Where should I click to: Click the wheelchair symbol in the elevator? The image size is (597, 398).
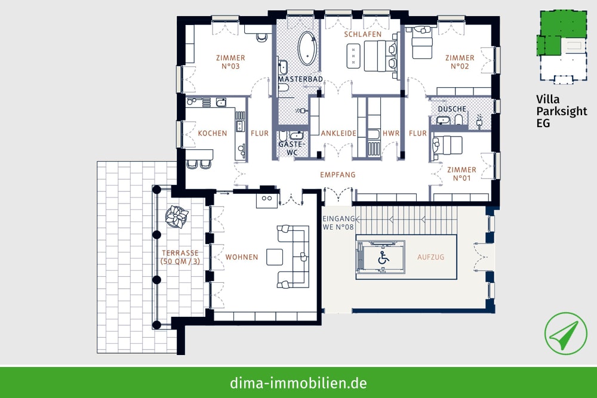383,258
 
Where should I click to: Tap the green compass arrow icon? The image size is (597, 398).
565,334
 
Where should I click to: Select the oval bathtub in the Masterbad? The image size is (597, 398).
307,48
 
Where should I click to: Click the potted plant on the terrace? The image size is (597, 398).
177,217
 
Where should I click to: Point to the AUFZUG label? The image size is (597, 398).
430,257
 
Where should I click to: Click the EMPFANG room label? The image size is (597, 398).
338,175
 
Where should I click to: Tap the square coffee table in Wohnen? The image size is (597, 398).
275,257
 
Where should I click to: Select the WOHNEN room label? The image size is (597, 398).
242,257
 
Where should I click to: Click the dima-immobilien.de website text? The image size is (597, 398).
298,382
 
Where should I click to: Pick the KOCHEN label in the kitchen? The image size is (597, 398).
213,133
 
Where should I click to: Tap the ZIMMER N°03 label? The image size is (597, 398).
230,62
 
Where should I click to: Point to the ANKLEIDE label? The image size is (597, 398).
338,133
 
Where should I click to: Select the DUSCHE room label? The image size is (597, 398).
452,109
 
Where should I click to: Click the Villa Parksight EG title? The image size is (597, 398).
562,111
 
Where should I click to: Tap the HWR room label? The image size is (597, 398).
391,133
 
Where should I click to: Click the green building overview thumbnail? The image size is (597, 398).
562,47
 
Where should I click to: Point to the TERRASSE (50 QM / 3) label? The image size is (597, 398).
180,257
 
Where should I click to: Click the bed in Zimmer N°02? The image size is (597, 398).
422,42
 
